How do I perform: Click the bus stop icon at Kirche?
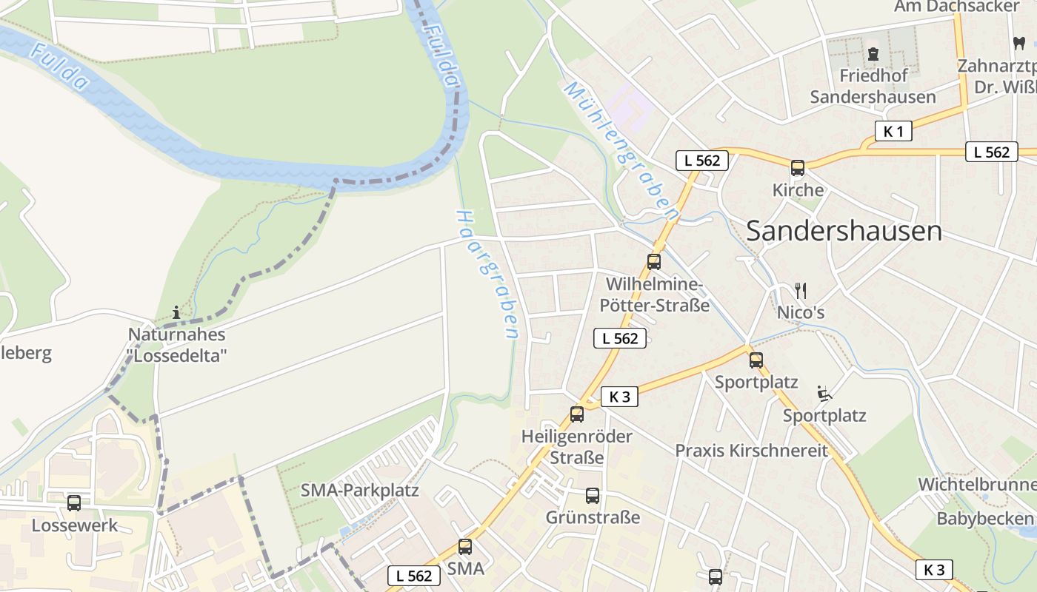click(x=797, y=168)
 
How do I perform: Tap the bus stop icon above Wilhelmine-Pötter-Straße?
click(x=653, y=261)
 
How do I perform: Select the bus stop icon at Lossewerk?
click(x=74, y=503)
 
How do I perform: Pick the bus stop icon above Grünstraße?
click(x=592, y=496)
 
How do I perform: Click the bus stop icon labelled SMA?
click(x=464, y=547)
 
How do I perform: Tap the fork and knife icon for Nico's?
click(x=800, y=290)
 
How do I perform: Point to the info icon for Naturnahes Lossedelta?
click(x=176, y=312)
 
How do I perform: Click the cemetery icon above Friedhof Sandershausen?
click(x=873, y=54)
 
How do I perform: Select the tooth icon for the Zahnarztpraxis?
click(x=1019, y=43)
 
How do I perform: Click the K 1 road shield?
click(x=893, y=132)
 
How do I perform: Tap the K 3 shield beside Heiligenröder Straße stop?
click(x=619, y=397)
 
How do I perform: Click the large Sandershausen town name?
click(x=844, y=231)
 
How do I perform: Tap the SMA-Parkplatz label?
click(x=359, y=491)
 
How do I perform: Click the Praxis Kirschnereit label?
click(x=751, y=451)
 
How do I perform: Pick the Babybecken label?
click(x=984, y=519)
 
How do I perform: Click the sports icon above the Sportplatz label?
click(x=823, y=393)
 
